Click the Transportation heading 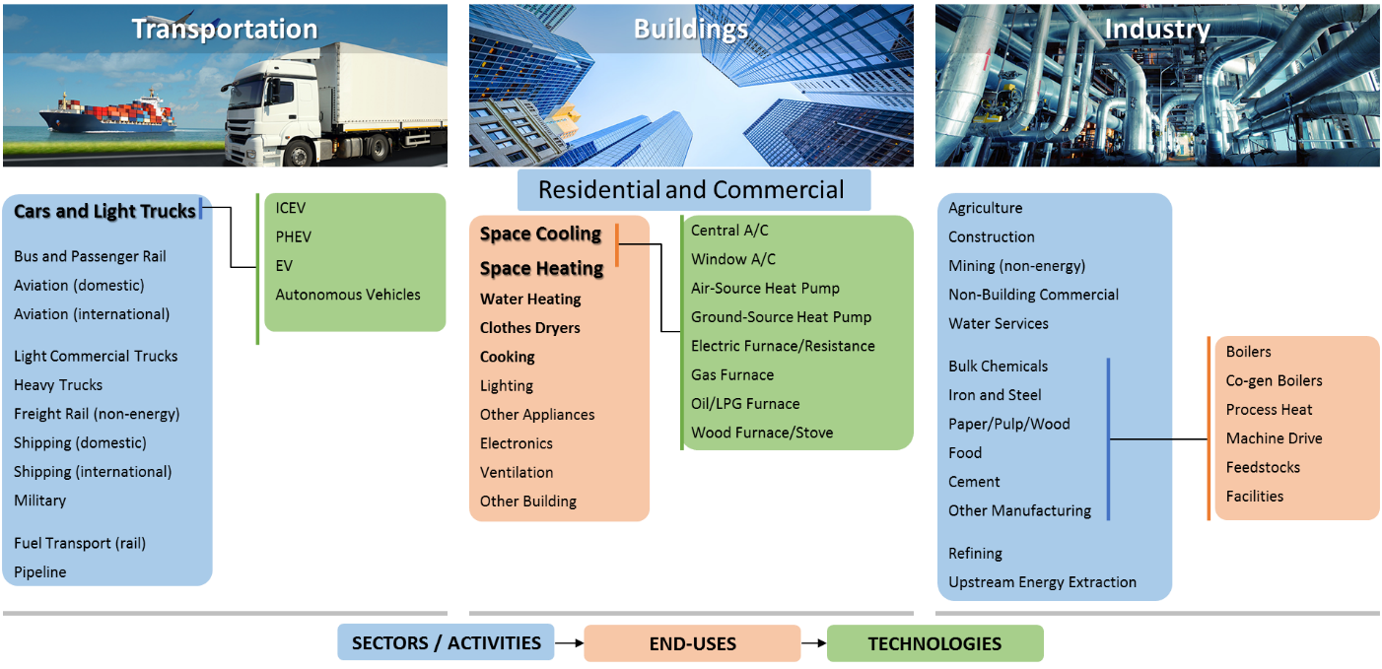click(225, 29)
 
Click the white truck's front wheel click(301, 153)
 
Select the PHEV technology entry click(294, 236)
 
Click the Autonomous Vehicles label click(348, 295)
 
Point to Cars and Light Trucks click(104, 211)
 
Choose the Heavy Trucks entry click(58, 385)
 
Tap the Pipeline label click(40, 572)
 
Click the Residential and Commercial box click(694, 190)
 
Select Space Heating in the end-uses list click(542, 268)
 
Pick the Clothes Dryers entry click(530, 327)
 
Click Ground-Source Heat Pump click(781, 317)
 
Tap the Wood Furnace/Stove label click(762, 433)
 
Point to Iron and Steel click(995, 395)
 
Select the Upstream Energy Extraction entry click(1042, 582)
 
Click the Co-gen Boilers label click(1274, 380)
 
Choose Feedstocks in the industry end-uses click(1263, 467)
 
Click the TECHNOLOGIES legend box click(935, 643)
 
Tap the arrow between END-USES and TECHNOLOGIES click(814, 643)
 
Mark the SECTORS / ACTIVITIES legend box click(447, 642)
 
